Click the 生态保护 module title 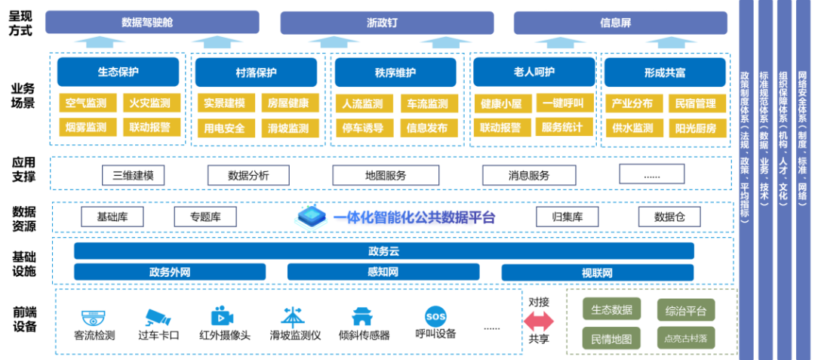(x=118, y=72)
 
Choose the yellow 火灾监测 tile (x=149, y=103)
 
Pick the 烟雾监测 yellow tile (x=86, y=127)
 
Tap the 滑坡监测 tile (x=288, y=128)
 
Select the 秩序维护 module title (x=395, y=72)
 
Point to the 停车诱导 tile (x=363, y=128)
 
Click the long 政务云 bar (x=383, y=251)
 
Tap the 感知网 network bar (x=383, y=272)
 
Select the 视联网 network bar (x=597, y=272)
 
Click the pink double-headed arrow (x=540, y=321)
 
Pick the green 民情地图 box (x=611, y=337)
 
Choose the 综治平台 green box (x=685, y=310)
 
